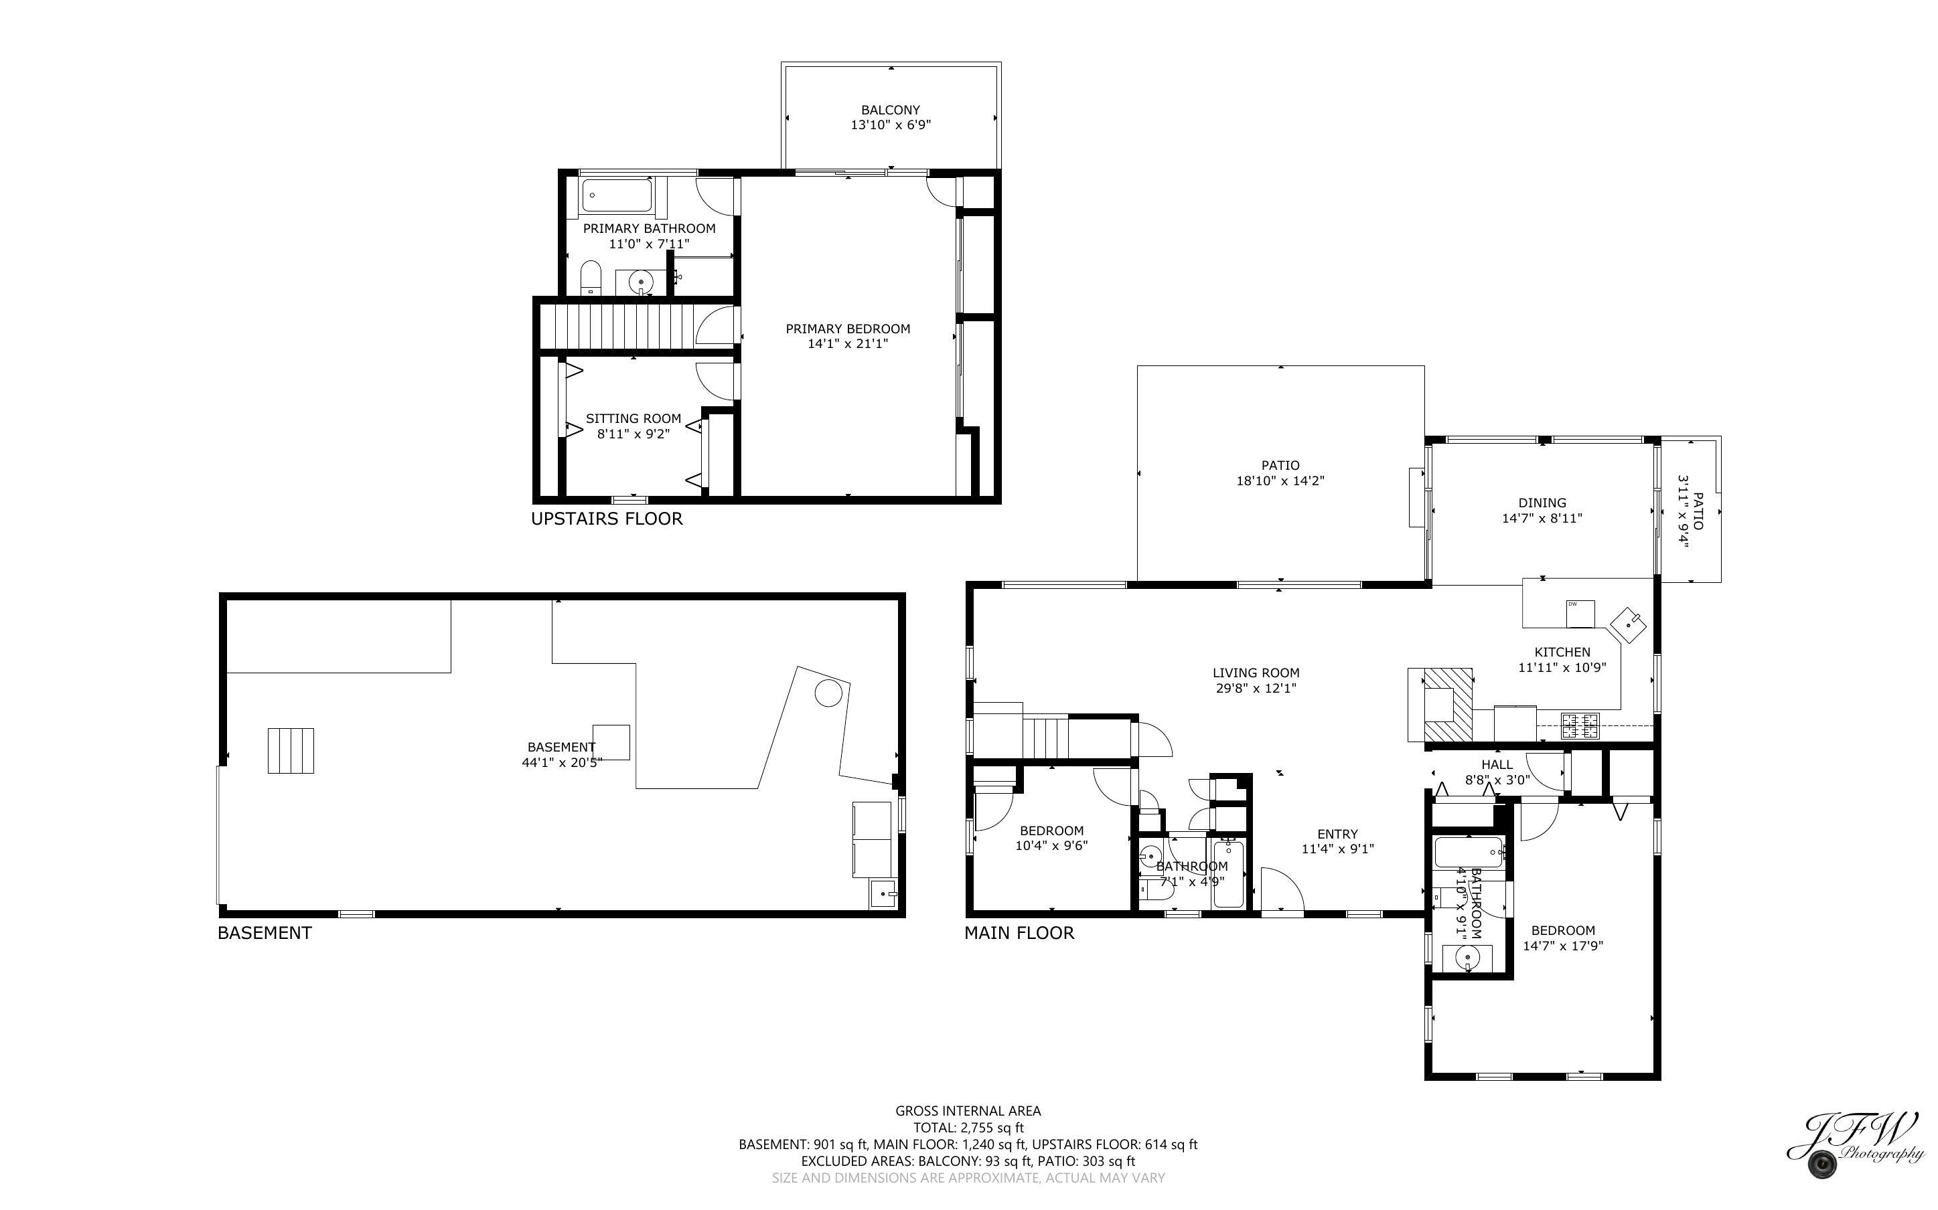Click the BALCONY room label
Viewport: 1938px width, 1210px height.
890,110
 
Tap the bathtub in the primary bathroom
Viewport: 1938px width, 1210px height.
616,195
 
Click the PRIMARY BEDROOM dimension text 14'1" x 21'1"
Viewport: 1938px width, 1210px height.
848,344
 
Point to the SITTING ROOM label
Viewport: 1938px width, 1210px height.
633,418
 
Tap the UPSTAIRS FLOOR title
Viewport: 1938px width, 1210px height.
607,519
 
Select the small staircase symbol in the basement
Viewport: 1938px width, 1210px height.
291,751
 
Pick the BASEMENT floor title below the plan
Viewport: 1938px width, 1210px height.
264,932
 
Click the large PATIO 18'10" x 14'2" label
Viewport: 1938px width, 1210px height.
1280,473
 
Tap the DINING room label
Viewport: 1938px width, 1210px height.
1542,503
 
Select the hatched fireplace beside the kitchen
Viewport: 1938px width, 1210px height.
1448,705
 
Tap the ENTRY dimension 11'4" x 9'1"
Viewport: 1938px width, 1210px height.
1337,849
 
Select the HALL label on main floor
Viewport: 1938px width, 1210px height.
1496,764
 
